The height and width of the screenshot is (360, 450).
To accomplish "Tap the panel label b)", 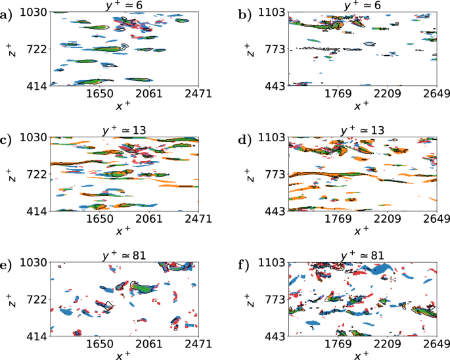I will [x=245, y=12].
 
